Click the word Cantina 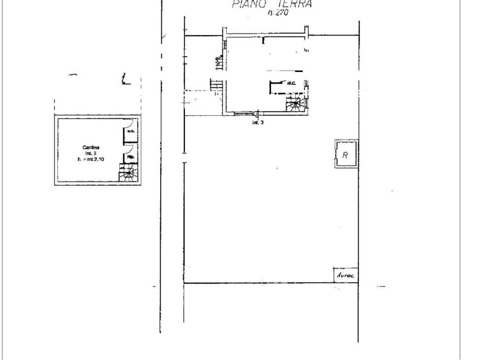pos(91,147)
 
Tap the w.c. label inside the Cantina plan pos(131,131)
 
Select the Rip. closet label pos(131,157)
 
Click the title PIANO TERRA pos(271,5)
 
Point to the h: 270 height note pos(278,14)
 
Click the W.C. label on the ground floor pos(290,83)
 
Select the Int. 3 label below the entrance pos(257,122)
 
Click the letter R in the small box pos(346,154)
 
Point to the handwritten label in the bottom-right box pos(346,275)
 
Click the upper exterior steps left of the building pos(218,63)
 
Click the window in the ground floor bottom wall pos(242,114)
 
